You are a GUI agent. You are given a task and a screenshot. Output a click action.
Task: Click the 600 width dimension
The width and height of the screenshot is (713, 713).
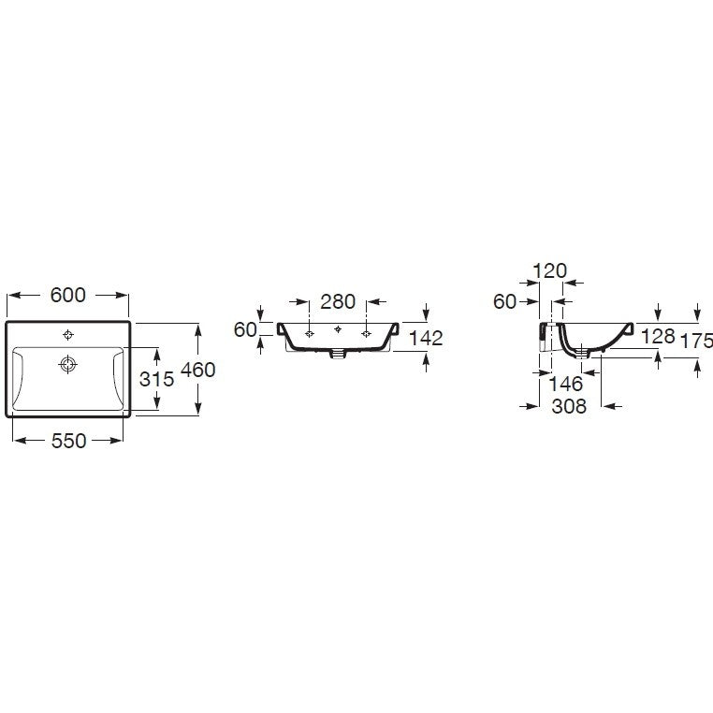click(67, 295)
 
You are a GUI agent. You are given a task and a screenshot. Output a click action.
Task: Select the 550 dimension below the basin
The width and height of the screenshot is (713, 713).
click(68, 441)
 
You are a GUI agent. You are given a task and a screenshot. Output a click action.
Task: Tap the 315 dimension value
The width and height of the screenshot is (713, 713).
click(156, 379)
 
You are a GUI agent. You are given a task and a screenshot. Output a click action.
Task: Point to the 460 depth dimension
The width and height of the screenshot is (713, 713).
click(197, 370)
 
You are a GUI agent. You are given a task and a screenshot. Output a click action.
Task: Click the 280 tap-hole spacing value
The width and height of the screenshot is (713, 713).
click(338, 301)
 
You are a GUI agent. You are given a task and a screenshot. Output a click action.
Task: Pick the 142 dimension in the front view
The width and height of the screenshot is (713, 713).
click(426, 338)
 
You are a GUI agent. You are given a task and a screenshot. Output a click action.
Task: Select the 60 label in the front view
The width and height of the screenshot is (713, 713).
click(245, 329)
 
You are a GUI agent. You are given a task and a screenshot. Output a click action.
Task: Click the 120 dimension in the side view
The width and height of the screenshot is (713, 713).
click(550, 271)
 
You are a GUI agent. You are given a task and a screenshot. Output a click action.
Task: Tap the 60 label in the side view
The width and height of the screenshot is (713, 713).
click(504, 301)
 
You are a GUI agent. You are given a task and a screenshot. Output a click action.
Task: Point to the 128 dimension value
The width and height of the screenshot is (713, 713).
click(658, 337)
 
